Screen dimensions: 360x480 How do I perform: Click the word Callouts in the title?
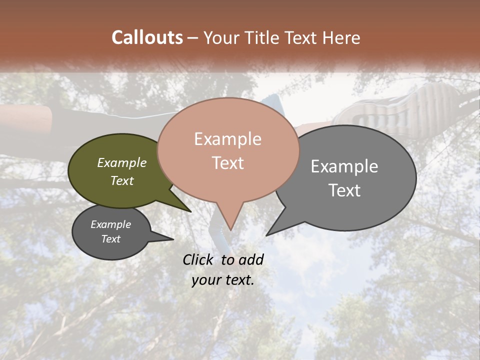147,37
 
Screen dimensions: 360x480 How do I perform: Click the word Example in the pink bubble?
227,139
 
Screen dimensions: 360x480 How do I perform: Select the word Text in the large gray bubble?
344,190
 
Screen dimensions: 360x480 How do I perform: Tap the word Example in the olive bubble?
122,163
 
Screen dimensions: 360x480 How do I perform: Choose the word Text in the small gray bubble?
111,239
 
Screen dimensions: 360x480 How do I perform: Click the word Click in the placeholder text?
199,259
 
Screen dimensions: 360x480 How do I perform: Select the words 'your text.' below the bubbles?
223,280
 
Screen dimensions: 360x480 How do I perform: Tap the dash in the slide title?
193,38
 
